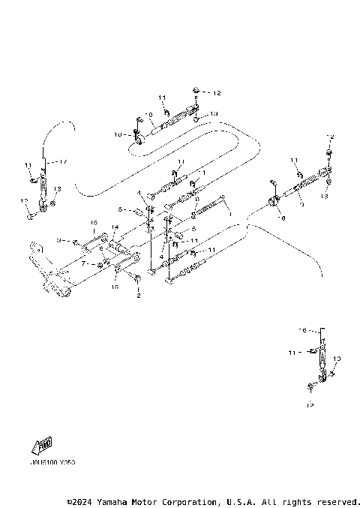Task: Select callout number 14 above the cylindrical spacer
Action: coord(115,227)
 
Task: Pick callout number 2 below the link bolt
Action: coord(137,296)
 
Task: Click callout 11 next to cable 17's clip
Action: coord(28,164)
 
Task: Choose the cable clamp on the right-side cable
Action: coord(274,202)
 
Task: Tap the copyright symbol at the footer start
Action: coord(69,500)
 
